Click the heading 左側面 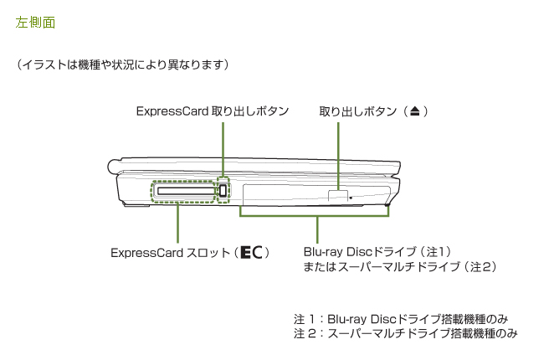(x=35, y=23)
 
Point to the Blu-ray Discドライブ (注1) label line (x=377, y=251)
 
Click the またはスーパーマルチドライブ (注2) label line (x=400, y=266)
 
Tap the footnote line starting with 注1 (x=401, y=319)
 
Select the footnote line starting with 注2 (x=406, y=334)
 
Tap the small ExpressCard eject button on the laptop (x=224, y=192)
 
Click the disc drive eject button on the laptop (x=336, y=195)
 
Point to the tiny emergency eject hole (x=351, y=198)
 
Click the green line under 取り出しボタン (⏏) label (x=338, y=155)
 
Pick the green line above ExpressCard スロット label (x=177, y=223)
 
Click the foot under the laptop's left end (x=139, y=208)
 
